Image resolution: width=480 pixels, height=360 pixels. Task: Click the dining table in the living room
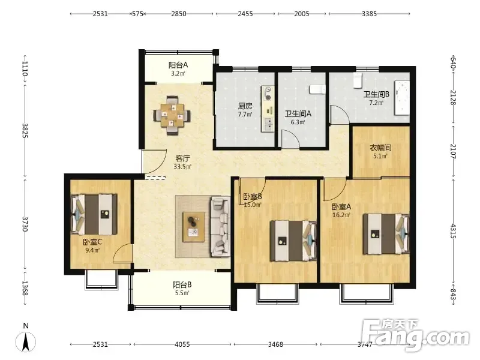[x=172, y=115]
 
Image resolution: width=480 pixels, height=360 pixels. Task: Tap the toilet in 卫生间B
[x=358, y=80]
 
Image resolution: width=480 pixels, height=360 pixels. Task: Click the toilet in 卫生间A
[x=317, y=89]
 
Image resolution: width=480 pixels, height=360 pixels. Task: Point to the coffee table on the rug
[x=193, y=227]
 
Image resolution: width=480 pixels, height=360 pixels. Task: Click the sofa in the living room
[x=220, y=226]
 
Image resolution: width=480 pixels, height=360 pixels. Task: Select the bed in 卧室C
[x=94, y=214]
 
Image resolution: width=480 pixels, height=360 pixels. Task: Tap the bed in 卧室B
[x=293, y=241]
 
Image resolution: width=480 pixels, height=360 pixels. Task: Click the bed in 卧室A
[x=386, y=234]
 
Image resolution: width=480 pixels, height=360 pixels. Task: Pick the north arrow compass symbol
[x=26, y=341]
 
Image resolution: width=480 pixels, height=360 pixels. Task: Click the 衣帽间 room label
[x=380, y=148]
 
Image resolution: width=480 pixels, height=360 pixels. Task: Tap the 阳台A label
[x=178, y=65]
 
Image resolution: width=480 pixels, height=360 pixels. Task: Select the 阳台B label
[x=182, y=285]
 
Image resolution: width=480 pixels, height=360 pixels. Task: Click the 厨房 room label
[x=245, y=106]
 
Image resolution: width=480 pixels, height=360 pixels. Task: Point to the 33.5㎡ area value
[x=182, y=167]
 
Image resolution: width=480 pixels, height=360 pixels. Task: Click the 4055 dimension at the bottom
[x=182, y=344]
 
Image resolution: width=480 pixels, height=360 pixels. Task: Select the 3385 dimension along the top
[x=369, y=14]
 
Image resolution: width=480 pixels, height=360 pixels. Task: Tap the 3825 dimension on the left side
[x=25, y=131]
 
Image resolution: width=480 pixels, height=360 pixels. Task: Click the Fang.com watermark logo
[x=415, y=335]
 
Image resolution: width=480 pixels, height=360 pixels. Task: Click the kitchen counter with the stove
[x=268, y=109]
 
